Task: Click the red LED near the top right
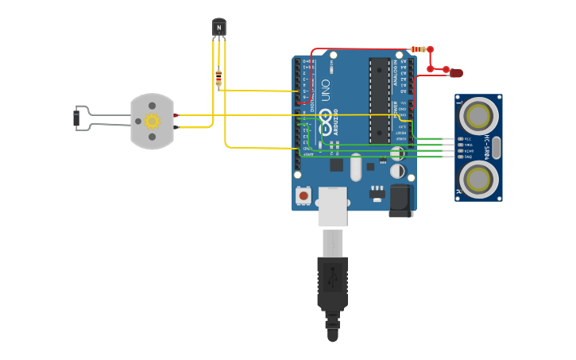point(456,73)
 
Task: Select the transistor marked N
point(218,28)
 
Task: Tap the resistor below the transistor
point(218,77)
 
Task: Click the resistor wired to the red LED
point(419,49)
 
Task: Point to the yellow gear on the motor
point(152,121)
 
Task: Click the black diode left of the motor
point(77,118)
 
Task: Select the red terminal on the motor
point(175,115)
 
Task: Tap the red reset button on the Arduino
point(303,195)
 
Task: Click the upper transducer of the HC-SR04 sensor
point(478,116)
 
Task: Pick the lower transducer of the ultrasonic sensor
point(478,180)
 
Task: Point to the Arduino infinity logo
point(324,121)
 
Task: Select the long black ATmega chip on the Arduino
point(379,99)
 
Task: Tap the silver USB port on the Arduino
point(332,207)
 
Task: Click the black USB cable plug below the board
point(332,282)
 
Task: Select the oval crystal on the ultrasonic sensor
point(496,148)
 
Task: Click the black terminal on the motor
point(175,127)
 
